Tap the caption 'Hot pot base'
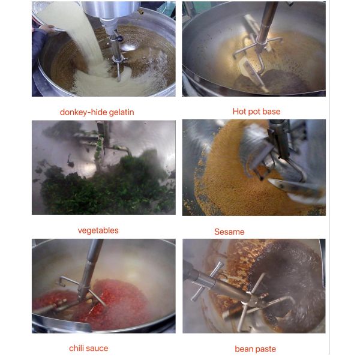tap(256, 111)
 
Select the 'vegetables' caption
tap(98, 230)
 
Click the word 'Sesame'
tap(229, 232)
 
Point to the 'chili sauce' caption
tap(88, 348)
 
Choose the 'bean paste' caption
tap(255, 349)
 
